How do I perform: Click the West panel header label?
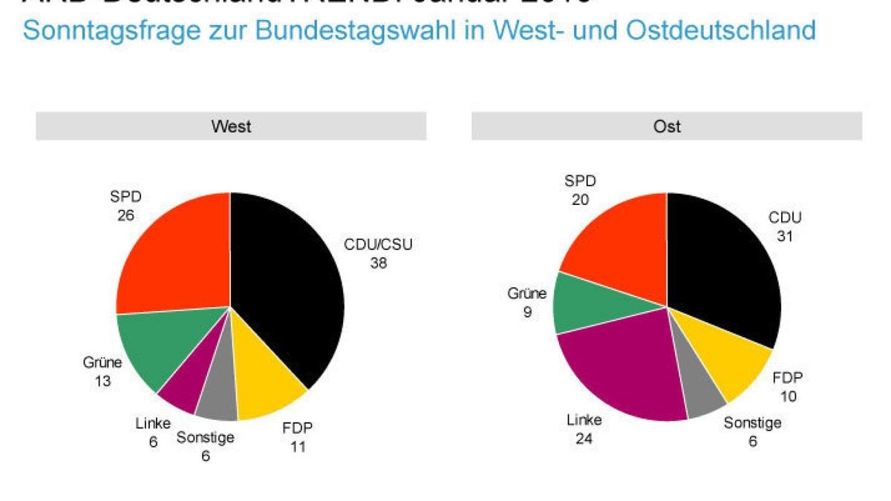pos(231,126)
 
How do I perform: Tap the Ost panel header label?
pos(667,126)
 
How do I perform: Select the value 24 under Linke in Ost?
pos(584,439)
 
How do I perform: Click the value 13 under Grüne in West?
pos(102,382)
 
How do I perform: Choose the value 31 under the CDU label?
pos(785,235)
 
